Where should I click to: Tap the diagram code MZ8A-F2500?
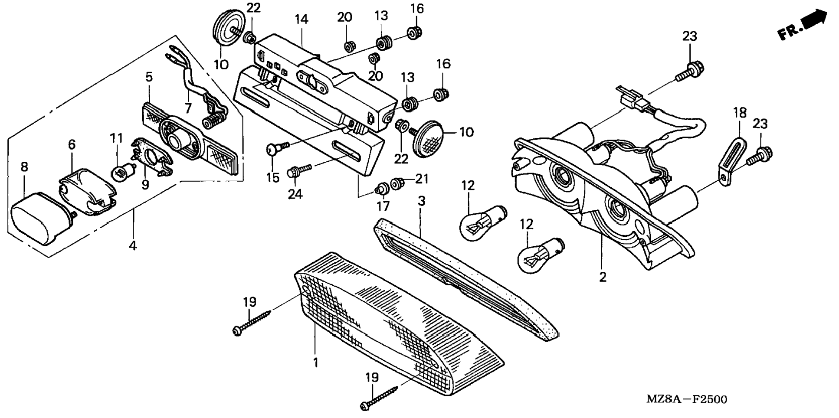pyautogui.click(x=686, y=399)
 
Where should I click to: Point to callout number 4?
pyautogui.click(x=133, y=245)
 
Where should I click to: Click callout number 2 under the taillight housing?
pyautogui.click(x=603, y=277)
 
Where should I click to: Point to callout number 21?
pyautogui.click(x=422, y=179)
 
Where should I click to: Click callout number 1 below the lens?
pyautogui.click(x=316, y=362)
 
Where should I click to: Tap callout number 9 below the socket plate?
pyautogui.click(x=145, y=185)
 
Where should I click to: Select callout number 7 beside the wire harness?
pyautogui.click(x=188, y=108)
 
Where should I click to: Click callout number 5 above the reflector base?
pyautogui.click(x=149, y=77)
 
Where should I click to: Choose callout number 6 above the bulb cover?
pyautogui.click(x=72, y=144)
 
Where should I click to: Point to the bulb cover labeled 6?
pyautogui.click(x=87, y=193)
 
